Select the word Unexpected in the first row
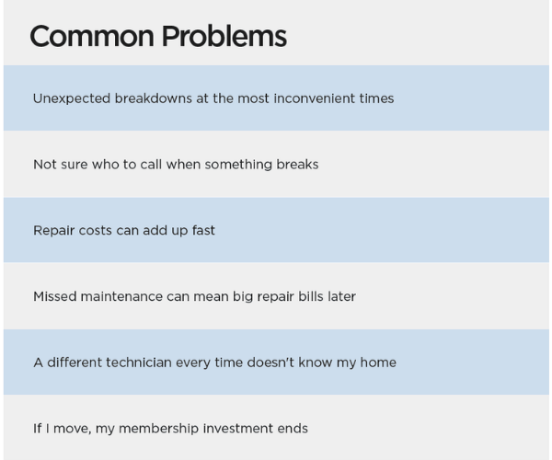click(71, 98)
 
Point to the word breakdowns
click(152, 98)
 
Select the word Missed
click(54, 296)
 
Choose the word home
click(378, 362)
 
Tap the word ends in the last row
click(292, 429)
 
